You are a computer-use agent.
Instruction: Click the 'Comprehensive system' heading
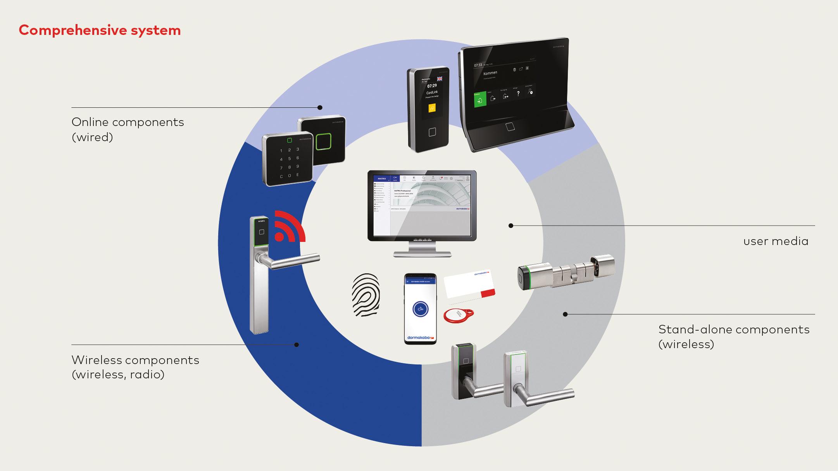100,30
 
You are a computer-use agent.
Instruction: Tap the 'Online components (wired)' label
128,129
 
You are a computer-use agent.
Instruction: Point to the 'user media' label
776,241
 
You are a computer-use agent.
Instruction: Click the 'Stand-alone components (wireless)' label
734,336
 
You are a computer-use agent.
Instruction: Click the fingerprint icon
366,295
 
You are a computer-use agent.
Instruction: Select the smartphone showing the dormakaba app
420,309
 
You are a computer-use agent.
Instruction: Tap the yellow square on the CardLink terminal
432,108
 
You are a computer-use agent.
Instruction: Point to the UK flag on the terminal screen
440,78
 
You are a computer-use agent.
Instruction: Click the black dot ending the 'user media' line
511,226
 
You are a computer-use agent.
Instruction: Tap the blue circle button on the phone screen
421,309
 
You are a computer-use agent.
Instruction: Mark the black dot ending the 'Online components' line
320,107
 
